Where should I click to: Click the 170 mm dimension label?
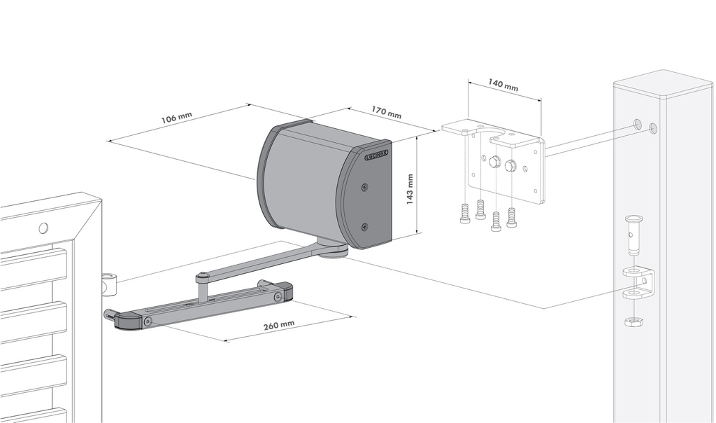coord(385,112)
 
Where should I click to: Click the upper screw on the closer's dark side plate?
coord(365,187)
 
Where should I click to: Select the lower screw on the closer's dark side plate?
coord(364,226)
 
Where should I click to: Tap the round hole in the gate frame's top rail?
coord(43,228)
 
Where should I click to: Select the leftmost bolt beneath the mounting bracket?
coord(466,214)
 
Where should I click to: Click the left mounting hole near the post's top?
coord(637,124)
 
